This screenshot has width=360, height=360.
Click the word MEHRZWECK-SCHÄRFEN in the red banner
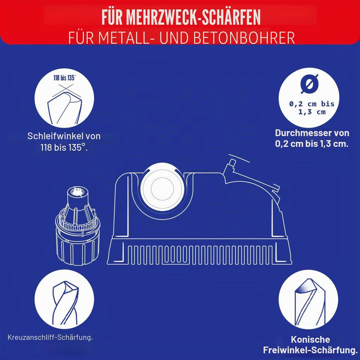[193, 17]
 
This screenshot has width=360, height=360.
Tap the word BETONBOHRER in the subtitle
[244, 38]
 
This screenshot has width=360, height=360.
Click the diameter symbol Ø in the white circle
[309, 84]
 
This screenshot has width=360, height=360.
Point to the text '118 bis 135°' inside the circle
[64, 78]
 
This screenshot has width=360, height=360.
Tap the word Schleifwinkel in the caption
[55, 136]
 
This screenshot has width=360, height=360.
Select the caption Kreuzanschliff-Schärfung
[50, 337]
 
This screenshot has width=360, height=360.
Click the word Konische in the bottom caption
[310, 339]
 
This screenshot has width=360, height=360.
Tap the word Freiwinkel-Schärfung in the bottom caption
[310, 350]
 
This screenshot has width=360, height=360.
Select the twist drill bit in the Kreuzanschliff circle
[65, 302]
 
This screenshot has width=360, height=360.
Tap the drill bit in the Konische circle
[309, 301]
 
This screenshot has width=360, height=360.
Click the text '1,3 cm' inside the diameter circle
[312, 112]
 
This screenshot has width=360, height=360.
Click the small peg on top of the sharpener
[231, 163]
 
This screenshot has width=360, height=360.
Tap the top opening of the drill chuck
[76, 191]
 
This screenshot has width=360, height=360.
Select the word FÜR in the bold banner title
[112, 17]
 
